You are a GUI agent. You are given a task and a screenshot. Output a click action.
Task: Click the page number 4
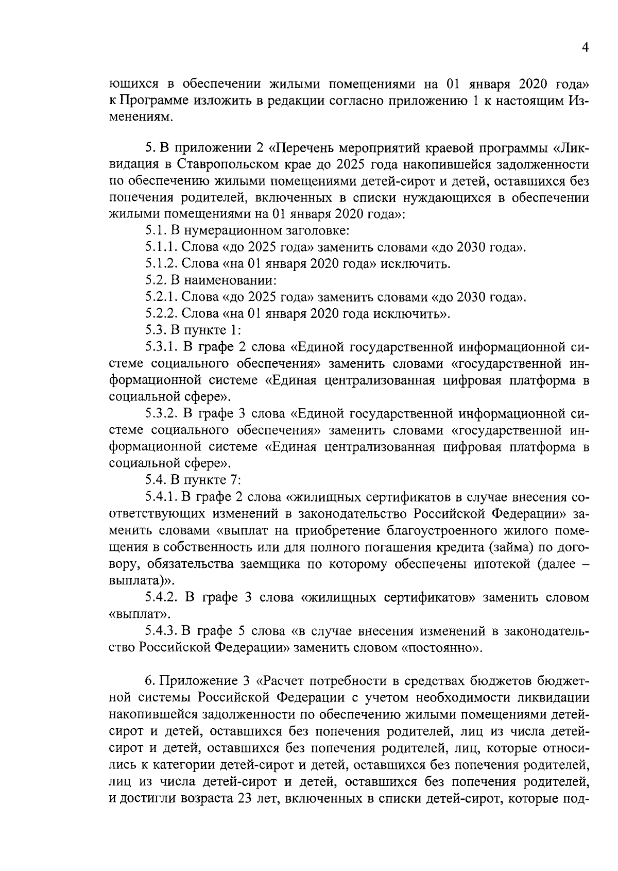585,47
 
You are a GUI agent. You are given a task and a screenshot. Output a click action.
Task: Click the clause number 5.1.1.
161,247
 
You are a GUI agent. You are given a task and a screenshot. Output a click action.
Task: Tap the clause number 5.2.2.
161,313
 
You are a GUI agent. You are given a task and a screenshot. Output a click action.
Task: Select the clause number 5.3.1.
161,347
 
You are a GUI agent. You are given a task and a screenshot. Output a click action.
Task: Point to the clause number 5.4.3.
161,631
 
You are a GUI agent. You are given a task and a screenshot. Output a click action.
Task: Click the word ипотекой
494,564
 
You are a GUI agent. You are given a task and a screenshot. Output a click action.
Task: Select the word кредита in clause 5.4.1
463,547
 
